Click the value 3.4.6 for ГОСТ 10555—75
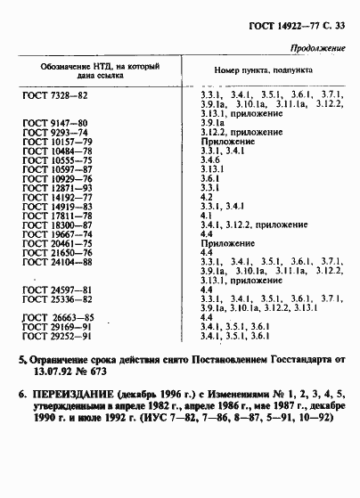211,159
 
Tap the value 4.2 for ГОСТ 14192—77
206,197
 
